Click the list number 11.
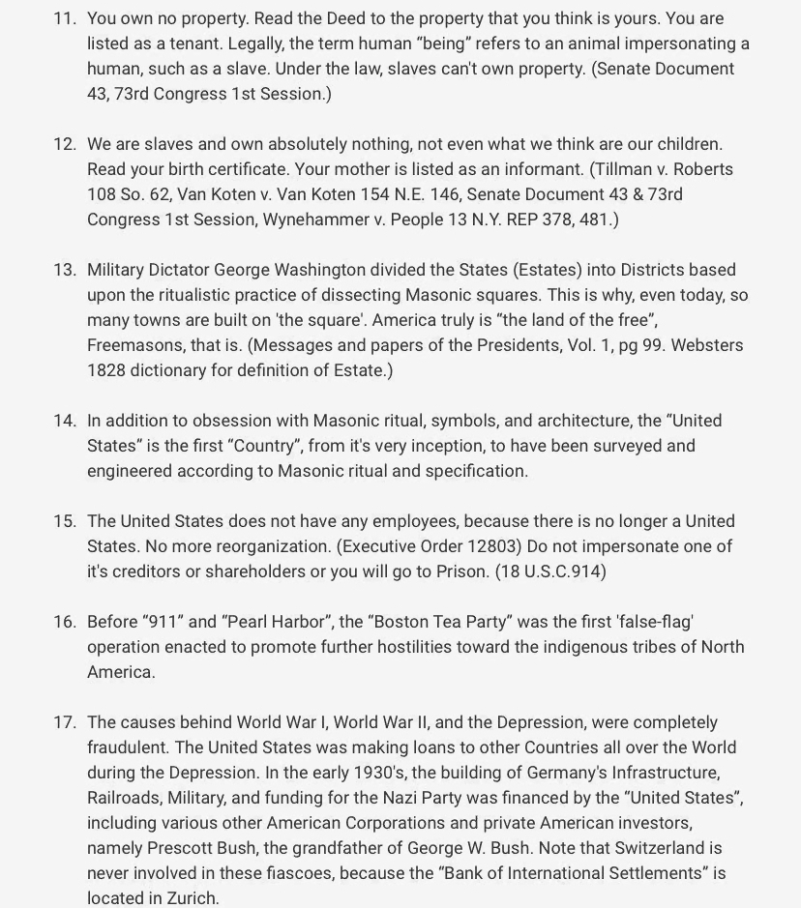(x=64, y=18)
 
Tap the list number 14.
(x=64, y=421)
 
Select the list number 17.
(x=64, y=722)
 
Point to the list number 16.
(x=64, y=622)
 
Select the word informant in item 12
(x=543, y=169)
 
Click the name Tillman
(x=627, y=169)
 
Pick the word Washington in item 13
(x=321, y=270)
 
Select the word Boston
(x=405, y=622)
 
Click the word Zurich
(x=192, y=898)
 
